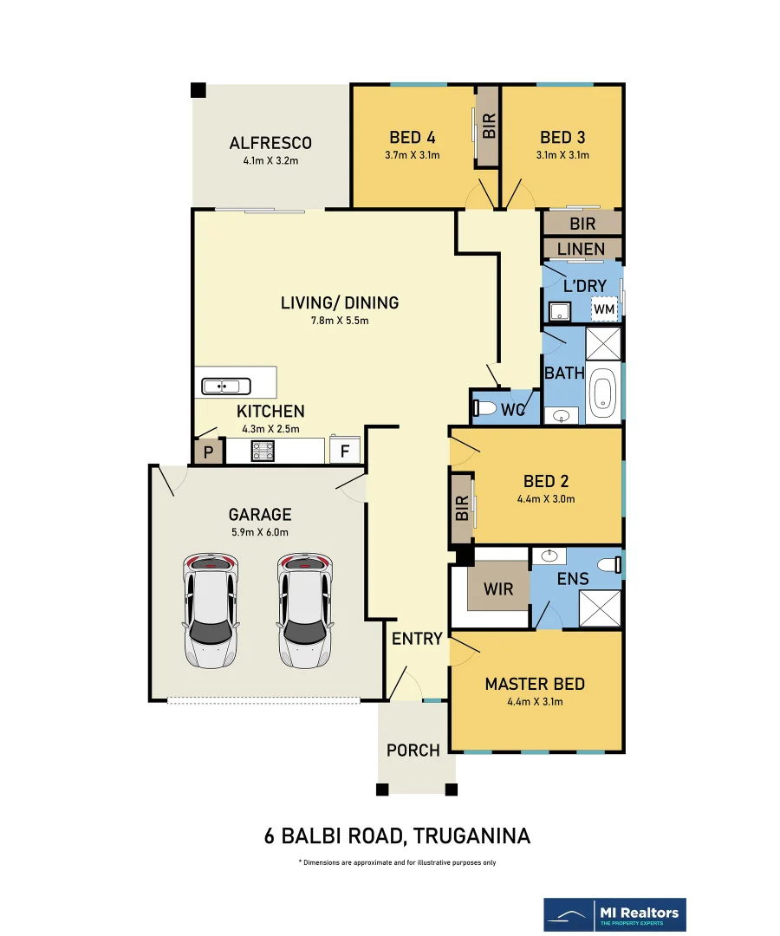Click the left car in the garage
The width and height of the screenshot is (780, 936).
point(211,611)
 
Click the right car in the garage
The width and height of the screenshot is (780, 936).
point(305,611)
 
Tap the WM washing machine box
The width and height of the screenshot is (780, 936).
point(604,309)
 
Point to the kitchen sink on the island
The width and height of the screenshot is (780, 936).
point(225,386)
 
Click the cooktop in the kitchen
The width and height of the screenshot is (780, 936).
point(263,451)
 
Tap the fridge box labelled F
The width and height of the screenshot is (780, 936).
point(345,452)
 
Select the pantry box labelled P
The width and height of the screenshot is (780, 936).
point(208,452)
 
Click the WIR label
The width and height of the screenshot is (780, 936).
point(498,590)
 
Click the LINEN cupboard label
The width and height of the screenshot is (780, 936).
point(582,250)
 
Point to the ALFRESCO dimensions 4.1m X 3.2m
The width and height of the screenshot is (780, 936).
point(270,161)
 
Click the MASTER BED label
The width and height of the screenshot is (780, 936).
point(534,684)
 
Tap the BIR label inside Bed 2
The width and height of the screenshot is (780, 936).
point(462,508)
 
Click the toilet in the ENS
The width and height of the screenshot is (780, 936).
point(614,563)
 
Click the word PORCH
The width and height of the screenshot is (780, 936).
point(413,750)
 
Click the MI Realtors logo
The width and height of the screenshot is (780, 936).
point(614,915)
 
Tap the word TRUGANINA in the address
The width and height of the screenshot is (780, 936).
point(472,836)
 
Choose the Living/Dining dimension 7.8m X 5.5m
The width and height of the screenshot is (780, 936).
point(340,321)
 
